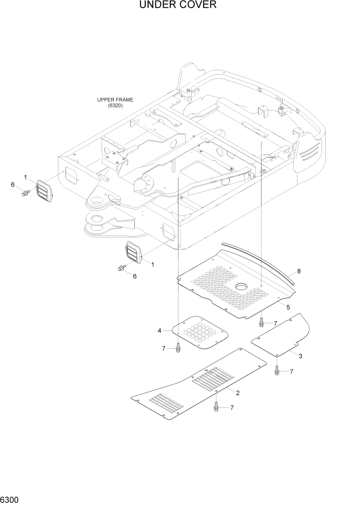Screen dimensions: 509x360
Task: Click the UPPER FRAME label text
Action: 115,100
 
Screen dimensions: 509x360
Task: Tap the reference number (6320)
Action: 115,106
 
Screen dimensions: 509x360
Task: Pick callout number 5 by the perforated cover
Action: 288,307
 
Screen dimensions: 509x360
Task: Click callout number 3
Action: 300,356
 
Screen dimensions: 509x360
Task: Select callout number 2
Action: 237,393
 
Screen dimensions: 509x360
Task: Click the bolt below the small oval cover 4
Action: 178,348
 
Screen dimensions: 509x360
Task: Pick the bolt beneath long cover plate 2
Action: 216,407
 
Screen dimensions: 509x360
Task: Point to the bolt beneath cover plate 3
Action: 277,370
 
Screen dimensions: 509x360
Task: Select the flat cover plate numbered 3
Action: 282,336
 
